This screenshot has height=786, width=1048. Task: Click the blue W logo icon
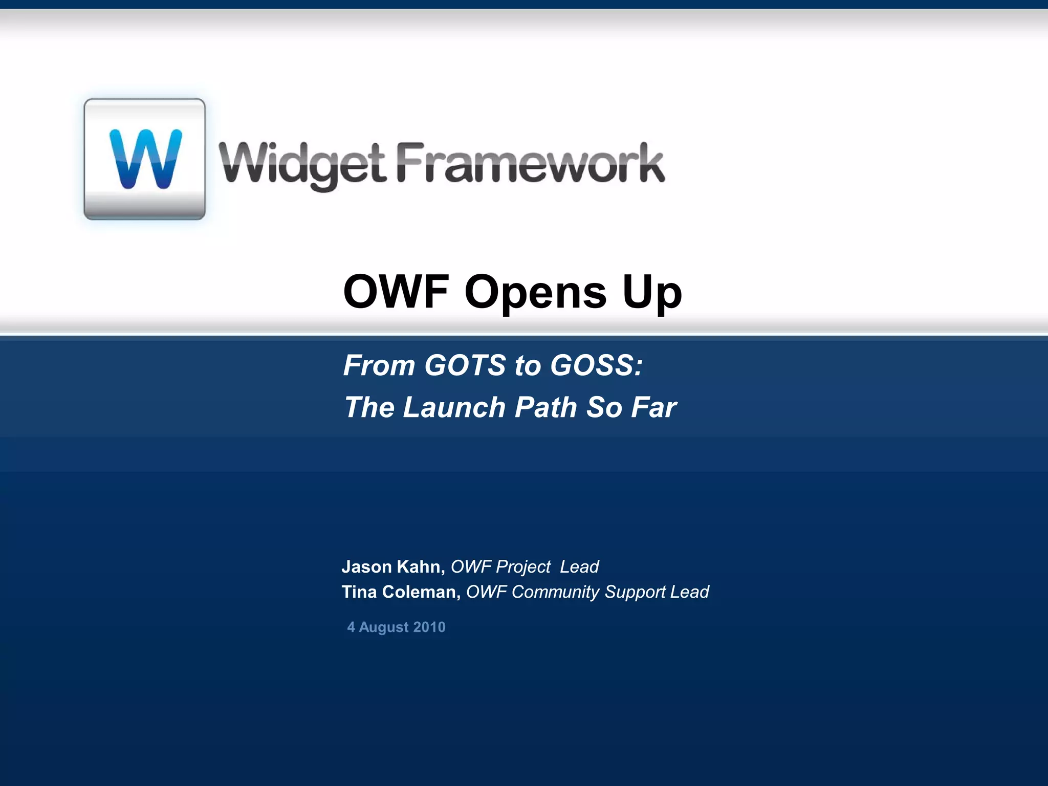click(145, 159)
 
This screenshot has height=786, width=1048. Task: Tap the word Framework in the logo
click(531, 163)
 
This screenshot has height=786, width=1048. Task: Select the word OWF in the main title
click(396, 292)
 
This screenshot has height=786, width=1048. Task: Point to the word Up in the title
click(652, 293)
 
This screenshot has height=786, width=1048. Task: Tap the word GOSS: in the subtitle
click(596, 365)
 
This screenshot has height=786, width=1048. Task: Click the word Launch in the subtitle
click(454, 407)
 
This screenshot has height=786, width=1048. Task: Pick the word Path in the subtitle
click(545, 407)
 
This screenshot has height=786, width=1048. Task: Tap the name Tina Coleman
click(401, 592)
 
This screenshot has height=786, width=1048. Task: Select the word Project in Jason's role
click(523, 567)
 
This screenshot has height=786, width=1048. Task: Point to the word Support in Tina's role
click(635, 592)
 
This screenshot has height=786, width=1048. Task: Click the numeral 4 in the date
click(351, 627)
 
